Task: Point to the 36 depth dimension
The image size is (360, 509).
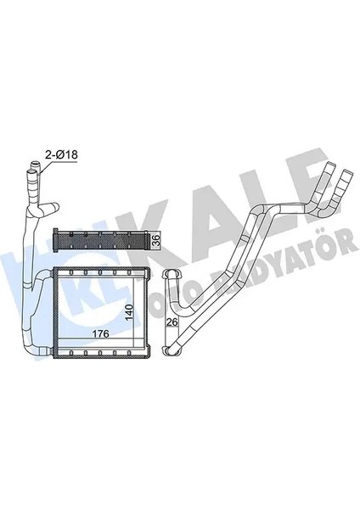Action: point(154,238)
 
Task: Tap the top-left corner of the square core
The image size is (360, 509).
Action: point(54,271)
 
